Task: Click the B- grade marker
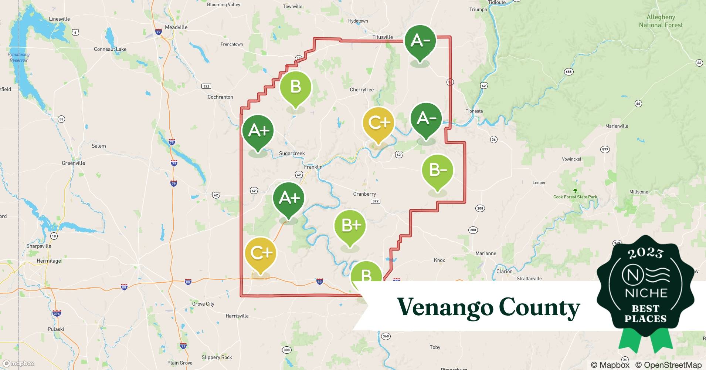click(x=437, y=171)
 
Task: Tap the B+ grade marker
click(x=350, y=226)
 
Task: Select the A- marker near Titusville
click(x=420, y=41)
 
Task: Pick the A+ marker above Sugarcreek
click(x=258, y=131)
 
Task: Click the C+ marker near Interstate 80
click(x=261, y=253)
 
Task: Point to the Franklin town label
click(x=313, y=167)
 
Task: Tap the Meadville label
click(x=176, y=27)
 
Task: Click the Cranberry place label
click(x=364, y=194)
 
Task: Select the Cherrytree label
click(x=362, y=90)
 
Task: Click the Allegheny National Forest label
click(x=661, y=21)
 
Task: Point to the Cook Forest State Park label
click(x=575, y=197)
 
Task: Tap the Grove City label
click(x=203, y=304)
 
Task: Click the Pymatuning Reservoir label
click(x=18, y=57)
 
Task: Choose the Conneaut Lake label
click(x=110, y=49)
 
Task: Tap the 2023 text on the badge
click(x=645, y=253)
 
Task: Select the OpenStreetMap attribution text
click(x=668, y=365)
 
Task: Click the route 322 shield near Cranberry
click(x=375, y=201)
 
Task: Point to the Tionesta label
click(x=474, y=111)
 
